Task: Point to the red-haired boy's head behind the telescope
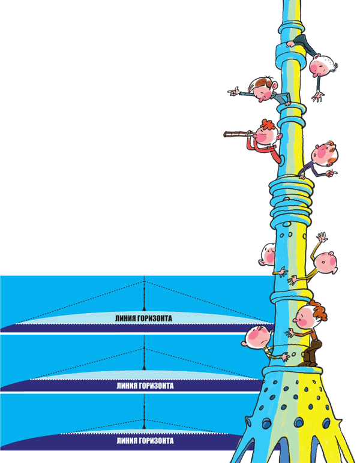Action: click(267, 134)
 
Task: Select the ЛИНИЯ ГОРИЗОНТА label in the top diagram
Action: click(145, 319)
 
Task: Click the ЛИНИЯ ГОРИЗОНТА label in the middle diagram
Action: click(145, 386)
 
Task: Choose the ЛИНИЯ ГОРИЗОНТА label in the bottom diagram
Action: click(145, 441)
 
